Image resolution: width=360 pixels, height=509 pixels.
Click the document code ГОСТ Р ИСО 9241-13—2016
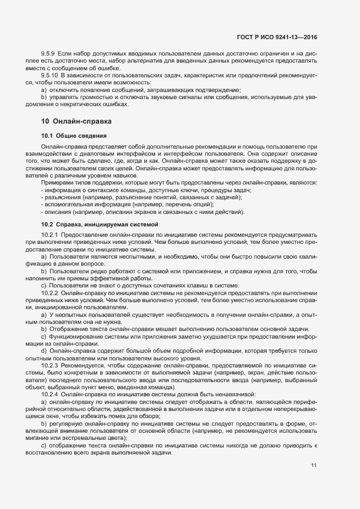pyautogui.click(x=277, y=37)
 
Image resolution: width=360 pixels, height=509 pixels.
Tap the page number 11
pyautogui.click(x=314, y=465)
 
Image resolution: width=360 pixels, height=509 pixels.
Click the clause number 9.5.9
pyautogui.click(x=48, y=56)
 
